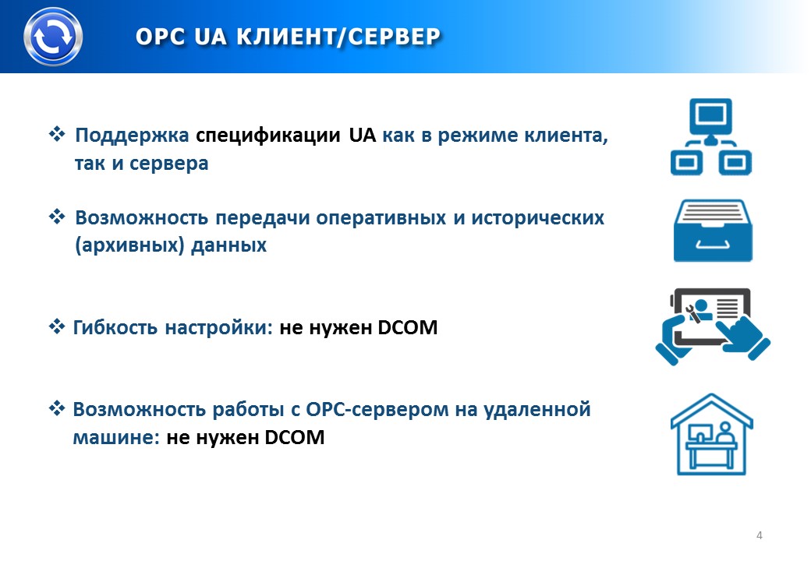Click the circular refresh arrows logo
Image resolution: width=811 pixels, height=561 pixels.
(53, 37)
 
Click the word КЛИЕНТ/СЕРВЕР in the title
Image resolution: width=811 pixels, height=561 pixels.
(338, 37)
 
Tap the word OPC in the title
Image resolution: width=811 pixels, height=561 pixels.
(161, 37)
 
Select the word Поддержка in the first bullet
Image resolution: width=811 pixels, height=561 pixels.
(132, 136)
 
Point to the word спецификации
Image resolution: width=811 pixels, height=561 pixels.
(268, 136)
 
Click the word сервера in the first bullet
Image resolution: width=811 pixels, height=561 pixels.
(168, 164)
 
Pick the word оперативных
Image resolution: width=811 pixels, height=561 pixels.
(381, 218)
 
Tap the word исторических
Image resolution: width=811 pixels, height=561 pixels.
(537, 218)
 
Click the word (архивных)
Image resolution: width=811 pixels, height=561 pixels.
(129, 245)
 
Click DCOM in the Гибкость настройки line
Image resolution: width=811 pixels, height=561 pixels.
(408, 327)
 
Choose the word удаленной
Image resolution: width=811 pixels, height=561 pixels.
(537, 409)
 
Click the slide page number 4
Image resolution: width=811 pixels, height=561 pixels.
(760, 535)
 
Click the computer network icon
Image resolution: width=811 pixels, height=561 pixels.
(711, 137)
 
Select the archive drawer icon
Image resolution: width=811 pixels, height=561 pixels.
(713, 231)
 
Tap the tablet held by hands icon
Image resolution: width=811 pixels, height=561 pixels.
(713, 326)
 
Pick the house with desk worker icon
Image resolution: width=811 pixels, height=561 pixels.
(712, 435)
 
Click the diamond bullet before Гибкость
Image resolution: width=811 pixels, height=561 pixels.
(57, 326)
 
